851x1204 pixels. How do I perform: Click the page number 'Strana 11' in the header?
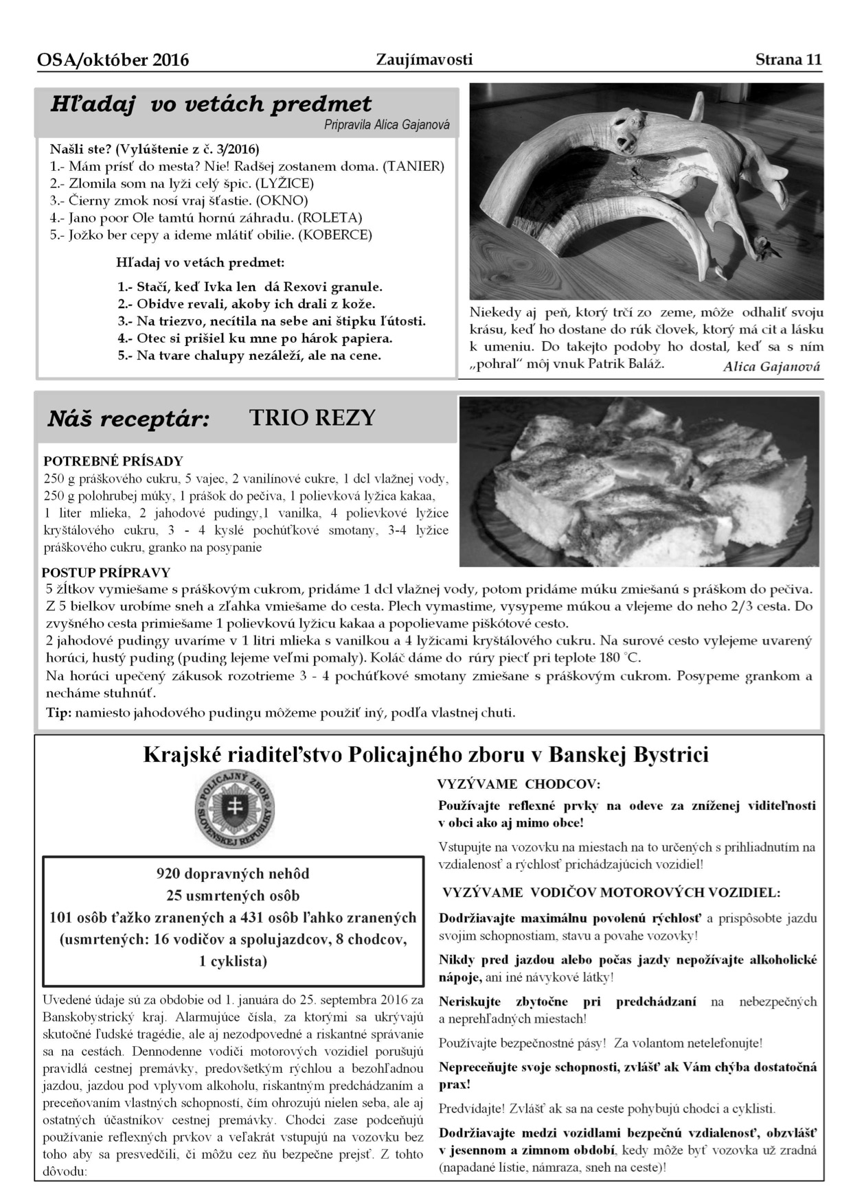(788, 59)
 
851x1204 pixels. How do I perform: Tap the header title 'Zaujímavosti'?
(424, 60)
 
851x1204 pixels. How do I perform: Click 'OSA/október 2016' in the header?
(113, 60)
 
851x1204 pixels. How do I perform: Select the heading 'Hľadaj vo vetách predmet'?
(211, 104)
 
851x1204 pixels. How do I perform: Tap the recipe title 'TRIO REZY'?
(313, 417)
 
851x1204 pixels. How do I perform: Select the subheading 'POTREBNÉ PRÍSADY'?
(113, 461)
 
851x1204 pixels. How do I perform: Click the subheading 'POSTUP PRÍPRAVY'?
(106, 572)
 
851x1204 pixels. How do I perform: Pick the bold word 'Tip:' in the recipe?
(58, 713)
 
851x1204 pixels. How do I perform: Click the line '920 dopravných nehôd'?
(233, 874)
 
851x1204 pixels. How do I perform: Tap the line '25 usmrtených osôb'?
(233, 896)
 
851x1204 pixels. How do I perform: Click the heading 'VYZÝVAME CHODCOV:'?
(519, 784)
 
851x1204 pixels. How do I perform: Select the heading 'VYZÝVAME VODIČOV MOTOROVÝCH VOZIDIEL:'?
(611, 892)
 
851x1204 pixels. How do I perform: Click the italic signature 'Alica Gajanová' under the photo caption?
(771, 367)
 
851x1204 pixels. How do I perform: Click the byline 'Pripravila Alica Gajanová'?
(387, 125)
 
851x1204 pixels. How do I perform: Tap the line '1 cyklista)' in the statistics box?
(233, 961)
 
